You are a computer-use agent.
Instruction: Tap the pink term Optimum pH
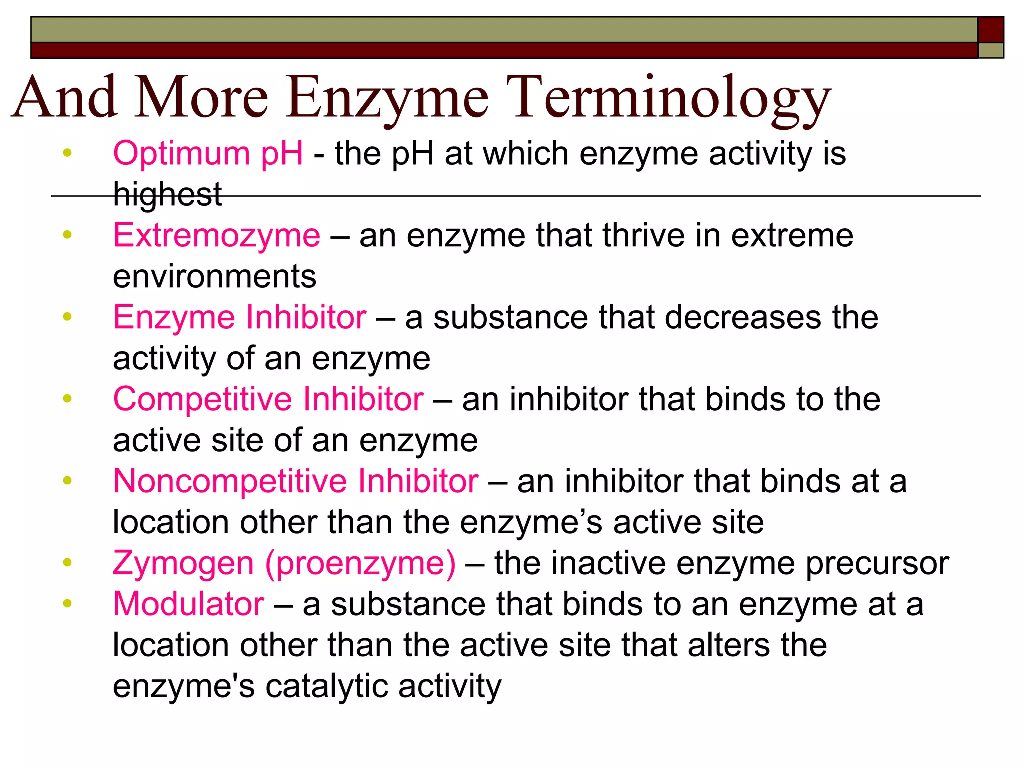pyautogui.click(x=208, y=153)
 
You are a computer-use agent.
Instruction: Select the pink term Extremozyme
pyautogui.click(x=216, y=235)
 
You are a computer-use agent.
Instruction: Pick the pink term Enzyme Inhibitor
pyautogui.click(x=240, y=317)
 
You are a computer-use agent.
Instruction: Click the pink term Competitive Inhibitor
pyautogui.click(x=268, y=399)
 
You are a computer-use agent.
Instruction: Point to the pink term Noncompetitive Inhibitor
pyautogui.click(x=296, y=481)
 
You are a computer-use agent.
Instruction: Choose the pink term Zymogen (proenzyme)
pyautogui.click(x=284, y=563)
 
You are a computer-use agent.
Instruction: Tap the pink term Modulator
pyautogui.click(x=188, y=604)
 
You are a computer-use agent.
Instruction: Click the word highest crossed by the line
pyautogui.click(x=167, y=194)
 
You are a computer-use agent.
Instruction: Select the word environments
pyautogui.click(x=214, y=276)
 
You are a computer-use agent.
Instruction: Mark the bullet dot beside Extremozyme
pyautogui.click(x=68, y=234)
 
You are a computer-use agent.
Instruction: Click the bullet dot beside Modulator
pyautogui.click(x=68, y=603)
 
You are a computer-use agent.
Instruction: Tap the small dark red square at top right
pyautogui.click(x=990, y=30)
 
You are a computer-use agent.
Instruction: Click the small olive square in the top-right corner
pyautogui.click(x=990, y=50)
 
